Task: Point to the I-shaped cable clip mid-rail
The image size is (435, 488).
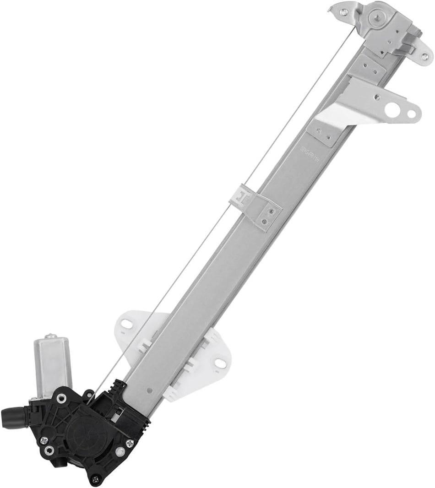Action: (x=244, y=197)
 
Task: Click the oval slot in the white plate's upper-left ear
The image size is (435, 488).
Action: (x=127, y=324)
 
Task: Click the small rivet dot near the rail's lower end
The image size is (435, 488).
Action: (x=150, y=391)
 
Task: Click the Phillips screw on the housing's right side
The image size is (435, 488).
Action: (x=130, y=443)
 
